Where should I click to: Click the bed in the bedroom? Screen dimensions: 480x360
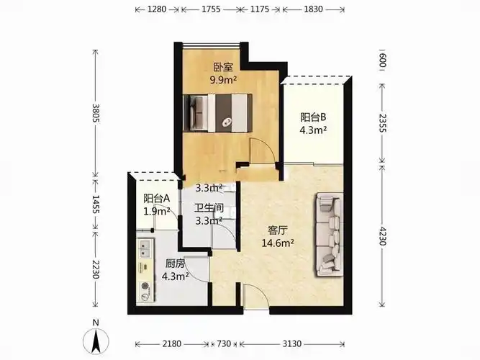point(217,113)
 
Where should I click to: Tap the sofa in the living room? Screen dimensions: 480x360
point(329,235)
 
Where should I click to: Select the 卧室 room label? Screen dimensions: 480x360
point(223,68)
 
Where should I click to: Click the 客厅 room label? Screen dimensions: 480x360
point(277,230)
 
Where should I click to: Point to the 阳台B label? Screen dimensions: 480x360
point(313,117)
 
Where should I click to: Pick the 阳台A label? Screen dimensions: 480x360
point(157,198)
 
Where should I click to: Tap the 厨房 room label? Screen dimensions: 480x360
point(175,264)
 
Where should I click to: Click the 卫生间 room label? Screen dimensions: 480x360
point(209,208)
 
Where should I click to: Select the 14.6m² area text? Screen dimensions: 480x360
point(278,243)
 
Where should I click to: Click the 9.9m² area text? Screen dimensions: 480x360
point(223,80)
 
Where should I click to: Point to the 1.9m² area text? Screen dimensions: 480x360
point(157,211)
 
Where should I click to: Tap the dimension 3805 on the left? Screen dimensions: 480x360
point(96,113)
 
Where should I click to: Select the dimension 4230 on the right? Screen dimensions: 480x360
point(382,235)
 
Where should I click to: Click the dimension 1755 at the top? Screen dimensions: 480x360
point(211,9)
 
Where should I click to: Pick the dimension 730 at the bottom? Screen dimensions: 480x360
point(224,343)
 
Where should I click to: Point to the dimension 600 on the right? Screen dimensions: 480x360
point(382,60)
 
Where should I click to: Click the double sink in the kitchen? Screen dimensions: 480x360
point(145,248)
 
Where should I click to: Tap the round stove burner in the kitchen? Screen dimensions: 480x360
point(145,287)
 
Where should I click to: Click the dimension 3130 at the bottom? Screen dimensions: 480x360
point(291,343)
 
